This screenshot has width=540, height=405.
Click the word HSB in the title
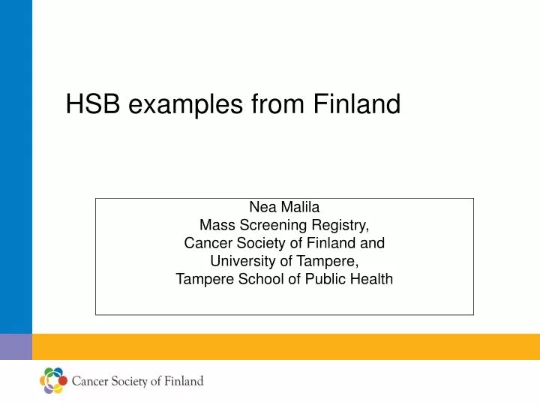click(94, 104)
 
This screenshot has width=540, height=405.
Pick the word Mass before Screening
click(216, 225)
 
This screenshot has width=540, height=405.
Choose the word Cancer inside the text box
click(207, 243)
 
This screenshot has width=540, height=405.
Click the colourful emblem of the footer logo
click(52, 381)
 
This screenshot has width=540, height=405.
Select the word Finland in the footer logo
click(184, 381)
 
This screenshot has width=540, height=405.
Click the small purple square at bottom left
click(16, 346)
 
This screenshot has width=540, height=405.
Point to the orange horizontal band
click(285, 346)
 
